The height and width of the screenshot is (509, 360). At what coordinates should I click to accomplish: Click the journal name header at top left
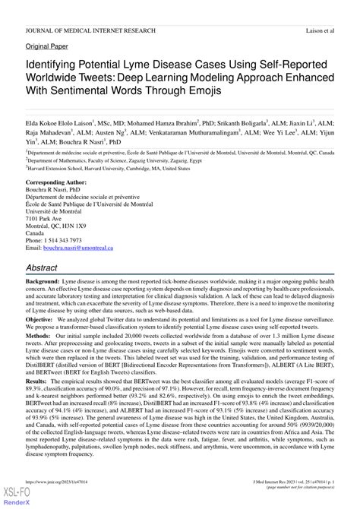[x=90, y=30]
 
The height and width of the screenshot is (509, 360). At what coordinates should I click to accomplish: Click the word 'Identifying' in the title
[x=57, y=66]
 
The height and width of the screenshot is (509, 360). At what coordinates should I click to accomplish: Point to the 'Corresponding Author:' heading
[x=60, y=184]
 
